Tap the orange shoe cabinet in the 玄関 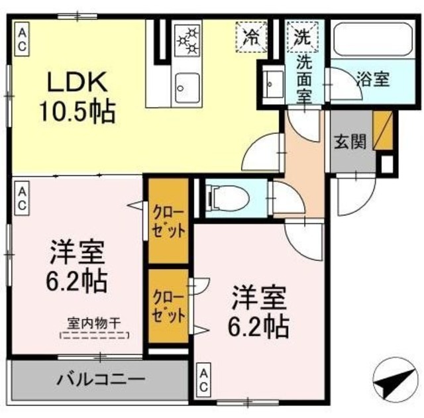[382, 130]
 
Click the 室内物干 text [93, 325]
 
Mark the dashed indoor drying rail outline [93, 336]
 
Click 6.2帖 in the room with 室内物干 [78, 283]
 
